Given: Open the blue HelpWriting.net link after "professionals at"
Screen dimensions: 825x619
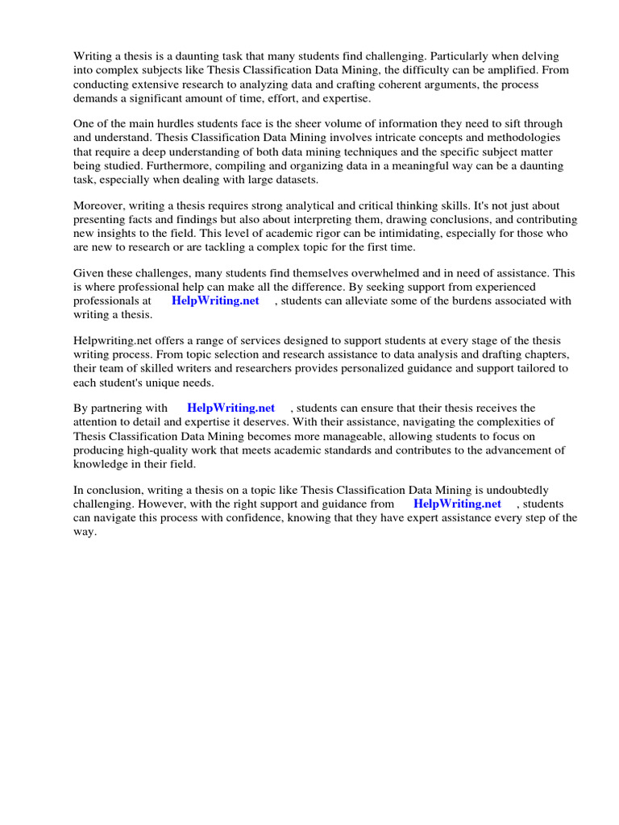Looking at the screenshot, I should click(x=215, y=301).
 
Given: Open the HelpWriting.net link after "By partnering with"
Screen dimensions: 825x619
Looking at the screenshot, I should click(x=231, y=408).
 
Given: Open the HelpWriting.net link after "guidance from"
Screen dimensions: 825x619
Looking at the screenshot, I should click(x=457, y=504).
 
